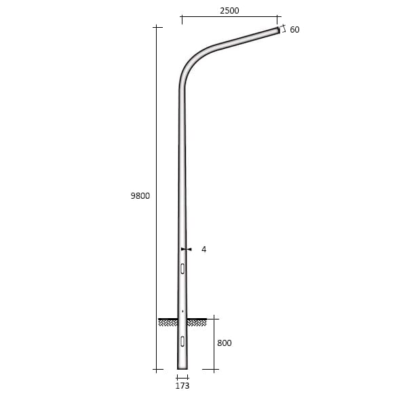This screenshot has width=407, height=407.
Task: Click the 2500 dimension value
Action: point(229,11)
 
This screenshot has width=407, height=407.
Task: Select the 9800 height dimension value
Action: point(140,196)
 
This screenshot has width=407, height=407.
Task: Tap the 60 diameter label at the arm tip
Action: point(294,30)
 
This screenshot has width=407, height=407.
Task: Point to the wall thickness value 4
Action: point(204,250)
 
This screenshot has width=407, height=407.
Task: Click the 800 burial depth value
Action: point(225,343)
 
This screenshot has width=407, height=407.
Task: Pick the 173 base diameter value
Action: point(182,386)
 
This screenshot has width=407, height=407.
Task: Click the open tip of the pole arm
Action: point(279,30)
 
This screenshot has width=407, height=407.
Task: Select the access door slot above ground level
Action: point(182,269)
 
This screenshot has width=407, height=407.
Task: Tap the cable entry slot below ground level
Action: point(182,341)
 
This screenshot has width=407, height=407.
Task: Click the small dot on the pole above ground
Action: point(182,311)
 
